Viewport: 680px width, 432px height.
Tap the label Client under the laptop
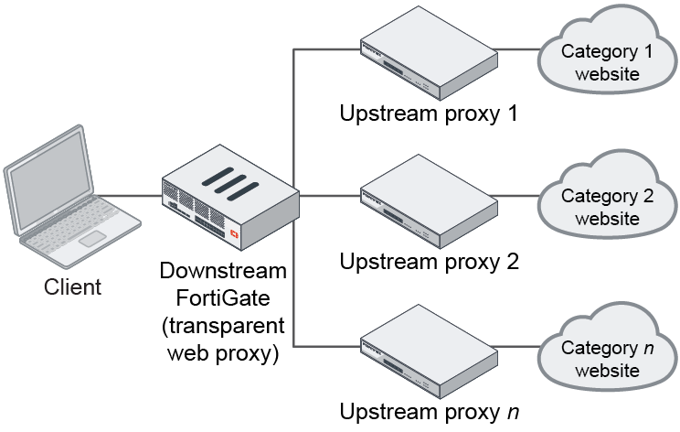[73, 286]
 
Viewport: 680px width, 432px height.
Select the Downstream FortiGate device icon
[230, 202]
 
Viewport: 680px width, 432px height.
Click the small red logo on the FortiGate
[236, 235]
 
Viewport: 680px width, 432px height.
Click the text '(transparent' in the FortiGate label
[223, 326]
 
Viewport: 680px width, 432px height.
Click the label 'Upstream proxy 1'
[430, 115]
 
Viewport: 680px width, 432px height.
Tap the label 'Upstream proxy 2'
[430, 263]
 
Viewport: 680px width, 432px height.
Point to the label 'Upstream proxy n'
[430, 411]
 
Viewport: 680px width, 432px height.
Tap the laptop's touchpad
[91, 238]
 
